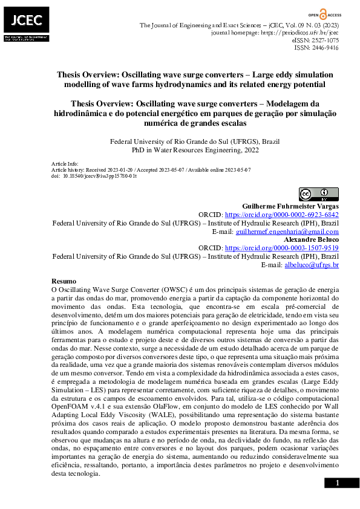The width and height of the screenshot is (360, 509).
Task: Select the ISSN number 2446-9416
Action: tap(325, 48)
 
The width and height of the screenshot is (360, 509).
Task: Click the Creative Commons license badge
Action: tap(318, 194)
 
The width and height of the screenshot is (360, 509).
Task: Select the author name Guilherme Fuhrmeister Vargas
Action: tap(290, 206)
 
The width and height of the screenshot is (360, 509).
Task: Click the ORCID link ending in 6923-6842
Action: tap(281, 215)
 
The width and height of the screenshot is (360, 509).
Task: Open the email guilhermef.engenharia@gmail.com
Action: tap(287, 232)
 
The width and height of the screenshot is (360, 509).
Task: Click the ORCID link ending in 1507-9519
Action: tap(281, 248)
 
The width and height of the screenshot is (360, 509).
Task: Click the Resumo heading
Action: tap(64, 282)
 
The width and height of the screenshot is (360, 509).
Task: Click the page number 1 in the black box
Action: tap(338, 483)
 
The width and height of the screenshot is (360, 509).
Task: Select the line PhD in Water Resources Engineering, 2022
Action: tap(195, 150)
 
